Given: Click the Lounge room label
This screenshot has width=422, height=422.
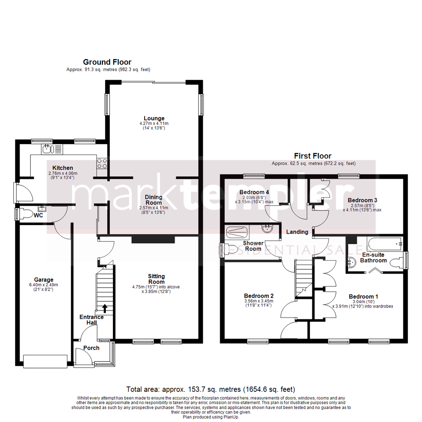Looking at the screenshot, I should pyautogui.click(x=154, y=118).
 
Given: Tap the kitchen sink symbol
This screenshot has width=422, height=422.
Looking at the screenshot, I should pyautogui.click(x=47, y=148).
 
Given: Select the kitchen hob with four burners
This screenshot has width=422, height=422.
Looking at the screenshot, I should pyautogui.click(x=102, y=163).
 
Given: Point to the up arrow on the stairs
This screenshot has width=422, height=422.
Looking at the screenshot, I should pyautogui.click(x=104, y=308).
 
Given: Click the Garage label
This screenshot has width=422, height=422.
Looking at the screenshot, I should pyautogui.click(x=43, y=280).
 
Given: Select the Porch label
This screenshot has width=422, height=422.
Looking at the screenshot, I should pyautogui.click(x=91, y=348).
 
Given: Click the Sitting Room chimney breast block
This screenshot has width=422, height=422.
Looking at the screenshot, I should pyautogui.click(x=152, y=239).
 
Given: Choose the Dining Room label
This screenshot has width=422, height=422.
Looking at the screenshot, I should pyautogui.click(x=154, y=200).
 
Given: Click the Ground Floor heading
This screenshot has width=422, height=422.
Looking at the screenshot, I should pyautogui.click(x=107, y=62).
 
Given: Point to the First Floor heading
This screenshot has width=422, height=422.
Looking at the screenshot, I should pyautogui.click(x=313, y=156).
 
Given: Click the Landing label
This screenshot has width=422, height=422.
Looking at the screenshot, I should pyautogui.click(x=297, y=232).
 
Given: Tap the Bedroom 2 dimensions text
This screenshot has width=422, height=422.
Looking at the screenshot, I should pyautogui.click(x=258, y=303).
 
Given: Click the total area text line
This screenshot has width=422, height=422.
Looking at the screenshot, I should pyautogui.click(x=211, y=389).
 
